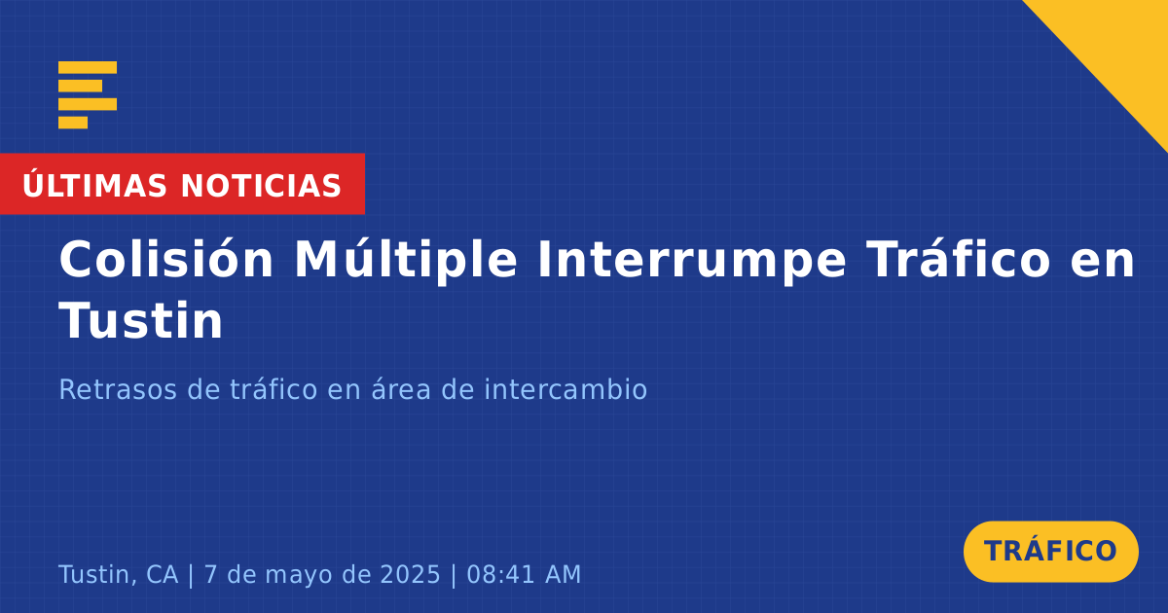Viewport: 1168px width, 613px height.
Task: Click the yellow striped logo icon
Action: (88, 95)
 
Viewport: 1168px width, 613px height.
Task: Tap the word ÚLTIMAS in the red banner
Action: (94, 185)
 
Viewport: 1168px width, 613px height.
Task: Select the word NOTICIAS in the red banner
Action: (261, 186)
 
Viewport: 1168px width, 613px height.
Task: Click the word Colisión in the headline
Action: (165, 259)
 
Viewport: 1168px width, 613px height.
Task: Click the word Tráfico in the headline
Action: (958, 259)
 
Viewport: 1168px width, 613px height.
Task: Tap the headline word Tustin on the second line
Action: (141, 320)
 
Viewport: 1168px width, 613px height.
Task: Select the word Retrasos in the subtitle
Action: (118, 389)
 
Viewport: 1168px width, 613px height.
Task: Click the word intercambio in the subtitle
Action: (566, 389)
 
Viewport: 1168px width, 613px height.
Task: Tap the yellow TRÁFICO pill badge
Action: (1050, 551)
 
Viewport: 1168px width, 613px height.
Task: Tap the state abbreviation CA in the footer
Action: (163, 574)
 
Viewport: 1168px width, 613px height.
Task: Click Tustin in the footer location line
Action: (98, 574)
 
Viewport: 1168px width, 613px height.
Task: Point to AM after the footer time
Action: (564, 574)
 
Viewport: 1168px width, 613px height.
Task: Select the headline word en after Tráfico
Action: (1102, 263)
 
